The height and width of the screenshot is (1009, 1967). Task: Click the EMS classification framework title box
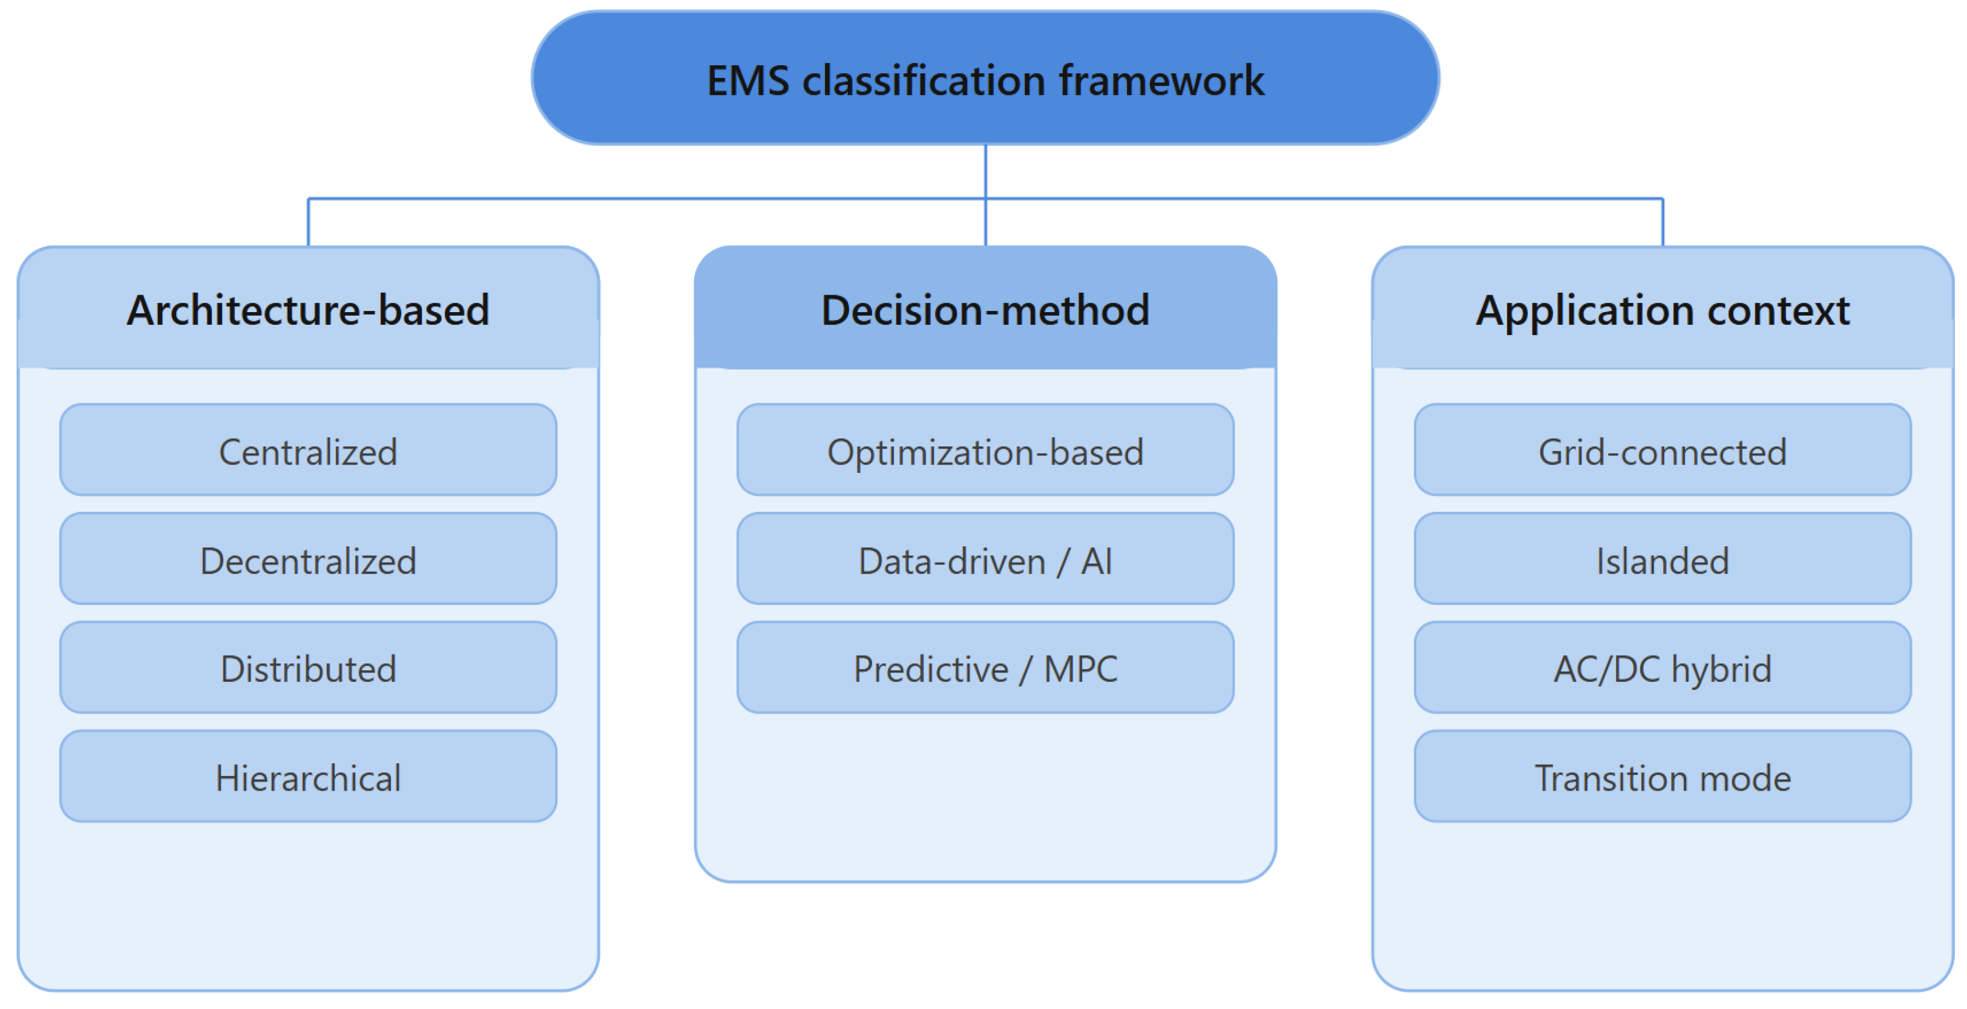[x=985, y=78]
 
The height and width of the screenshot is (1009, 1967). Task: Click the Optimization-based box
[x=985, y=450]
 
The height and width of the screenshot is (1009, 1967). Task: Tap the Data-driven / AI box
[x=985, y=560]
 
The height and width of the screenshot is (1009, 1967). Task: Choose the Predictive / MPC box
[x=985, y=668]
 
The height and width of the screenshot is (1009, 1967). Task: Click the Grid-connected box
[x=1663, y=450]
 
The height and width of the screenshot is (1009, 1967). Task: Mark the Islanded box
[x=1663, y=560]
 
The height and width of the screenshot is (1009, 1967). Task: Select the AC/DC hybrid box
[x=1663, y=668]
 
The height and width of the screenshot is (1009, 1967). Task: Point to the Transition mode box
[x=1663, y=777]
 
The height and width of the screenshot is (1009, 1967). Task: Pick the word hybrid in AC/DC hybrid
[x=1721, y=670]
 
